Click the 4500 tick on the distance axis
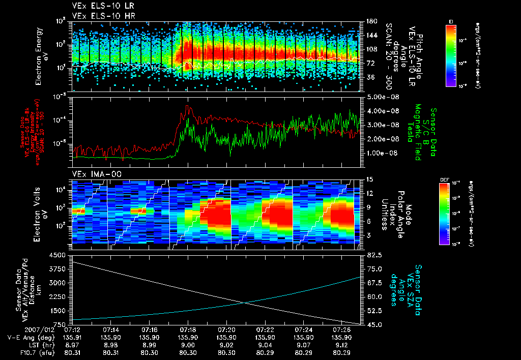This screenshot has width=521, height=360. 60,255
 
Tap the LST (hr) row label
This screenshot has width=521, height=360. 33,344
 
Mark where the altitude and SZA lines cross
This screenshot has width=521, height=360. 245,303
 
